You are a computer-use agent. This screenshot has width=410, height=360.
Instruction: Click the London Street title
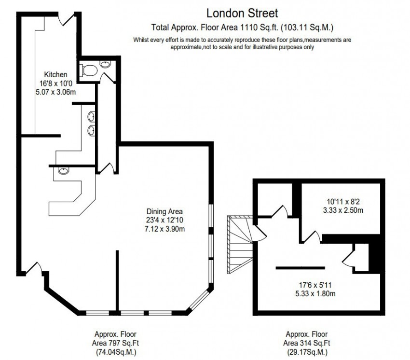(x=242, y=14)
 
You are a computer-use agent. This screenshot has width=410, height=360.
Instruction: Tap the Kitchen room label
(x=55, y=75)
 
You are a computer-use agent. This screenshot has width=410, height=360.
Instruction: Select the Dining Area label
(x=164, y=211)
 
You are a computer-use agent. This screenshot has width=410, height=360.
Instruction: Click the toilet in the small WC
(x=89, y=70)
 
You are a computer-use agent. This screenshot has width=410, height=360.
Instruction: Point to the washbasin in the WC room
(x=105, y=64)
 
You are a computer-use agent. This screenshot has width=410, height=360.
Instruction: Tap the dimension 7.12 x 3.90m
(x=164, y=229)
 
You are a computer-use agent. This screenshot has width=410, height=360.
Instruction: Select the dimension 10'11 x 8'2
(x=343, y=202)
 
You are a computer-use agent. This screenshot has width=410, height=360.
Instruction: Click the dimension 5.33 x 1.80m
(x=315, y=293)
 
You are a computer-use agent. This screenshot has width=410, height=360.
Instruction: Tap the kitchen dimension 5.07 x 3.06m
(x=55, y=92)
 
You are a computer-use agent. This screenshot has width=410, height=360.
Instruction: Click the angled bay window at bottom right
(x=199, y=300)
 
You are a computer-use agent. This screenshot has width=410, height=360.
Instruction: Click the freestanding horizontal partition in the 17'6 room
(x=300, y=268)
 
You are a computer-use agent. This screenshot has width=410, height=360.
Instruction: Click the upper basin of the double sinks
(x=91, y=117)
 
